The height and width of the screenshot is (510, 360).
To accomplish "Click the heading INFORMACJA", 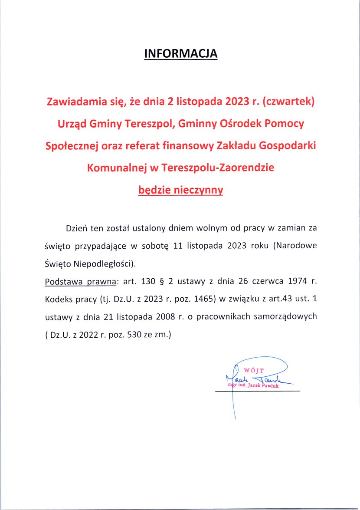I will pos(180,53).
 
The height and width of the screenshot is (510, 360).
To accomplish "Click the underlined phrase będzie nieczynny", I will pos(180,190).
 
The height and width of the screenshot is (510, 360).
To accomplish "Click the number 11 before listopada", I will pos(177,245).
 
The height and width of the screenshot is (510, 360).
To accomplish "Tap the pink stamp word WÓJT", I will pos(254,371).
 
